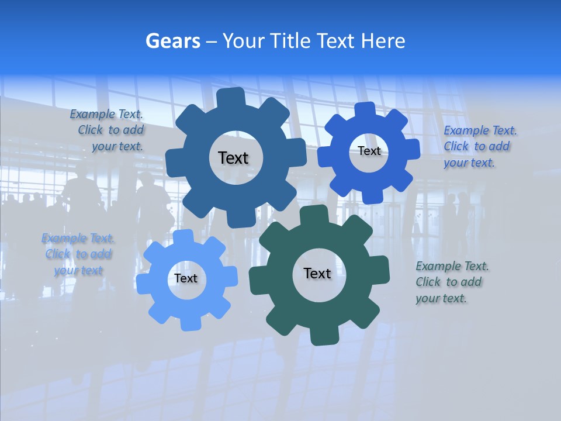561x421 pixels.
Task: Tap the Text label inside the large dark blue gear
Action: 233,158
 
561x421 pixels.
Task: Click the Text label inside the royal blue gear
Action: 369,151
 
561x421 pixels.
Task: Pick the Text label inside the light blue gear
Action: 186,278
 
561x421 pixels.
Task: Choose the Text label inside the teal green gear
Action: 317,273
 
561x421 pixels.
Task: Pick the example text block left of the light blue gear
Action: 78,254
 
